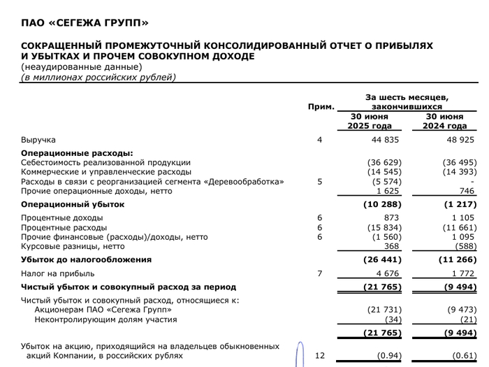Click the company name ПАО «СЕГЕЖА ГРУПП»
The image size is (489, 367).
tap(85, 23)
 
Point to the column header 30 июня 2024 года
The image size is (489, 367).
tap(445, 121)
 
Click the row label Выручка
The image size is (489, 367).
tap(38, 140)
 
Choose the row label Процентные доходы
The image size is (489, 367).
tap(64, 218)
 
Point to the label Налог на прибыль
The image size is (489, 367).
tap(59, 273)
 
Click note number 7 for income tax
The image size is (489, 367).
tap(320, 273)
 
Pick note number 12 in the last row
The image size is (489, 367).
tap(320, 355)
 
